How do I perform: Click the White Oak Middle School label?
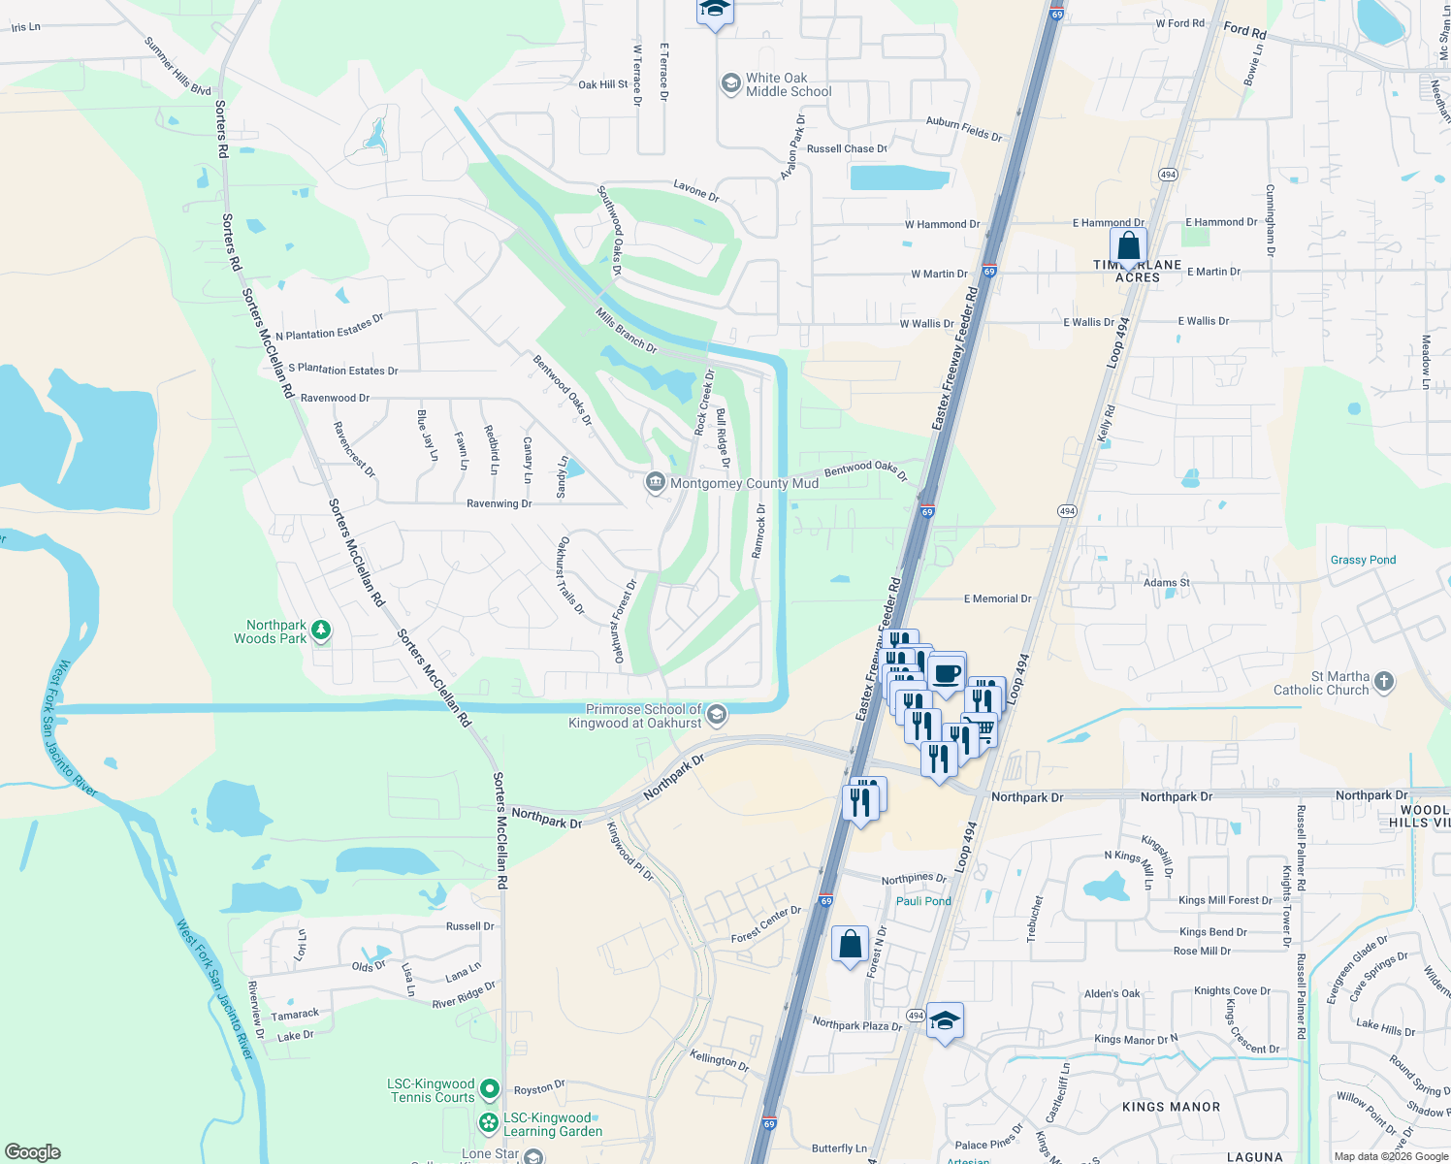point(788,85)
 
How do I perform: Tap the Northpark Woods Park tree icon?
point(321,631)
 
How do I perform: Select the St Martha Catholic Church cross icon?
point(1384,682)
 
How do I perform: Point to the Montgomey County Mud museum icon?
point(656,482)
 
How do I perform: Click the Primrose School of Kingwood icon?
point(717,715)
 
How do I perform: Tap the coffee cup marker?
point(946,672)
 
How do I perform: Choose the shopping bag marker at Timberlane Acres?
point(1128,246)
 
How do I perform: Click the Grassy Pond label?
point(1363,560)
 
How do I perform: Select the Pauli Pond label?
point(923,901)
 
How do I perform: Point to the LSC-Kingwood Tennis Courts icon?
point(490,1089)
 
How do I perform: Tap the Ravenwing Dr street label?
point(499,503)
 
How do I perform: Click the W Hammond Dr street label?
point(942,224)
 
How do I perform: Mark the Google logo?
point(33,1152)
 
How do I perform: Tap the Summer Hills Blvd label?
point(177,67)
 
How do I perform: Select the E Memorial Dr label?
point(997,598)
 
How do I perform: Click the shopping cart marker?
point(982,728)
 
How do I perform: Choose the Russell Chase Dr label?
point(847,148)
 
